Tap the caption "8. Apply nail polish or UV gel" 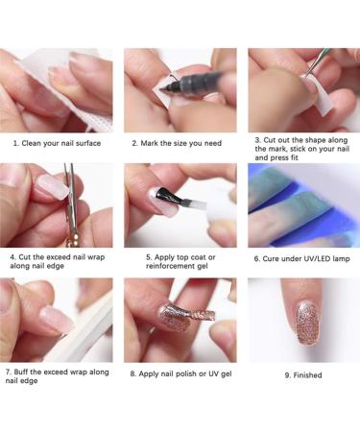tap(179, 372)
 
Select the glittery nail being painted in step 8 tap(174, 316)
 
